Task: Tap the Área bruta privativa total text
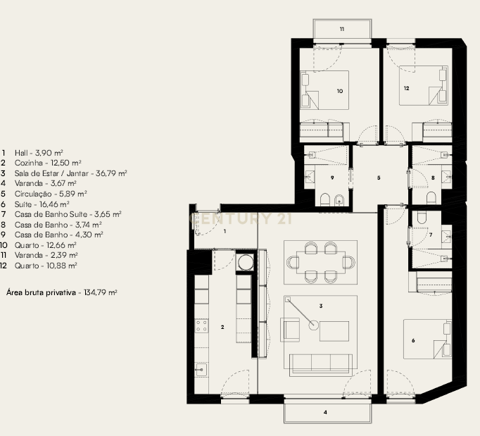click(61, 291)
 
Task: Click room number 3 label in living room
click(320, 306)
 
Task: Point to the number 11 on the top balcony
click(342, 30)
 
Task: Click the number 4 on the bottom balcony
click(325, 412)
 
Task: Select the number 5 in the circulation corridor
click(379, 177)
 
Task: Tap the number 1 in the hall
click(225, 230)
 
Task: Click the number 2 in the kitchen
click(222, 327)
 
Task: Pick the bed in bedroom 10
click(326, 90)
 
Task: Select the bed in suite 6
click(427, 342)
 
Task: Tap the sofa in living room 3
click(320, 362)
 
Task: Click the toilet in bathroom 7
click(422, 219)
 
